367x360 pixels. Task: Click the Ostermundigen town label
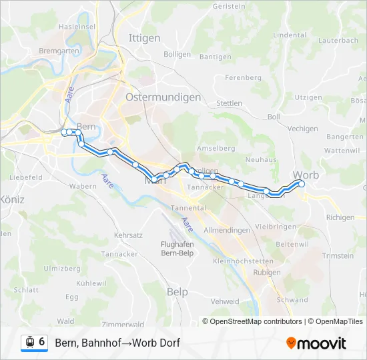point(163,97)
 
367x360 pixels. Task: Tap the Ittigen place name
point(144,38)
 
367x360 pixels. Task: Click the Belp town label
point(177,292)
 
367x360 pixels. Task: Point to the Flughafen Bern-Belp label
point(177,248)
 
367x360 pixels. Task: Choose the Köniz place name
point(12,199)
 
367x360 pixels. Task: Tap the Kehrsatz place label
point(129,235)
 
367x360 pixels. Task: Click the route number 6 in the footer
point(42,342)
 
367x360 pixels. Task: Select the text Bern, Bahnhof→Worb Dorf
point(117,343)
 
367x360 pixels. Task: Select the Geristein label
point(228,5)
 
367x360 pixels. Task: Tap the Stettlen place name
point(229,103)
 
